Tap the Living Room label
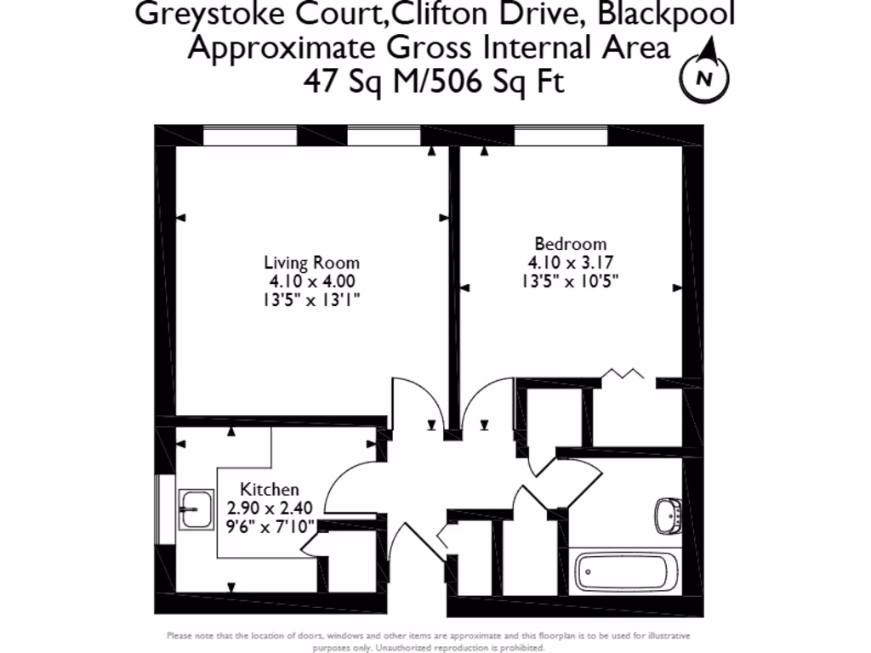point(311,263)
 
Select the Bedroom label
point(571,243)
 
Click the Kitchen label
point(270,490)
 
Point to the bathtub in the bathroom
point(627,572)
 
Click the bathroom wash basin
point(669,515)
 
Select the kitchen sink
point(196,510)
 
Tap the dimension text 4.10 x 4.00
point(311,281)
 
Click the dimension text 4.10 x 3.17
point(571,262)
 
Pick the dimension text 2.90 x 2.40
point(270,508)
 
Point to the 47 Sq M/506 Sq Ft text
point(434,82)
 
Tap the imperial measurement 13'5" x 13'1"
point(311,299)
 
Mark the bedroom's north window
point(561,136)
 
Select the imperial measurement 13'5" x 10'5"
point(571,281)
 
